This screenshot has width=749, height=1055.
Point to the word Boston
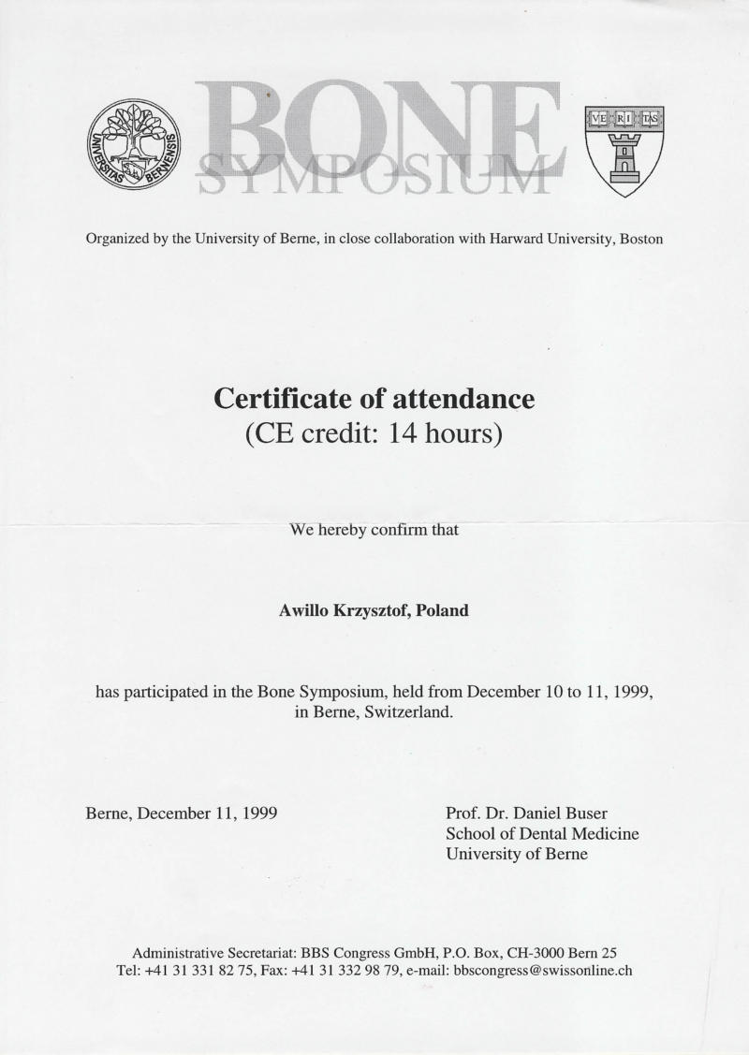[x=641, y=239]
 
